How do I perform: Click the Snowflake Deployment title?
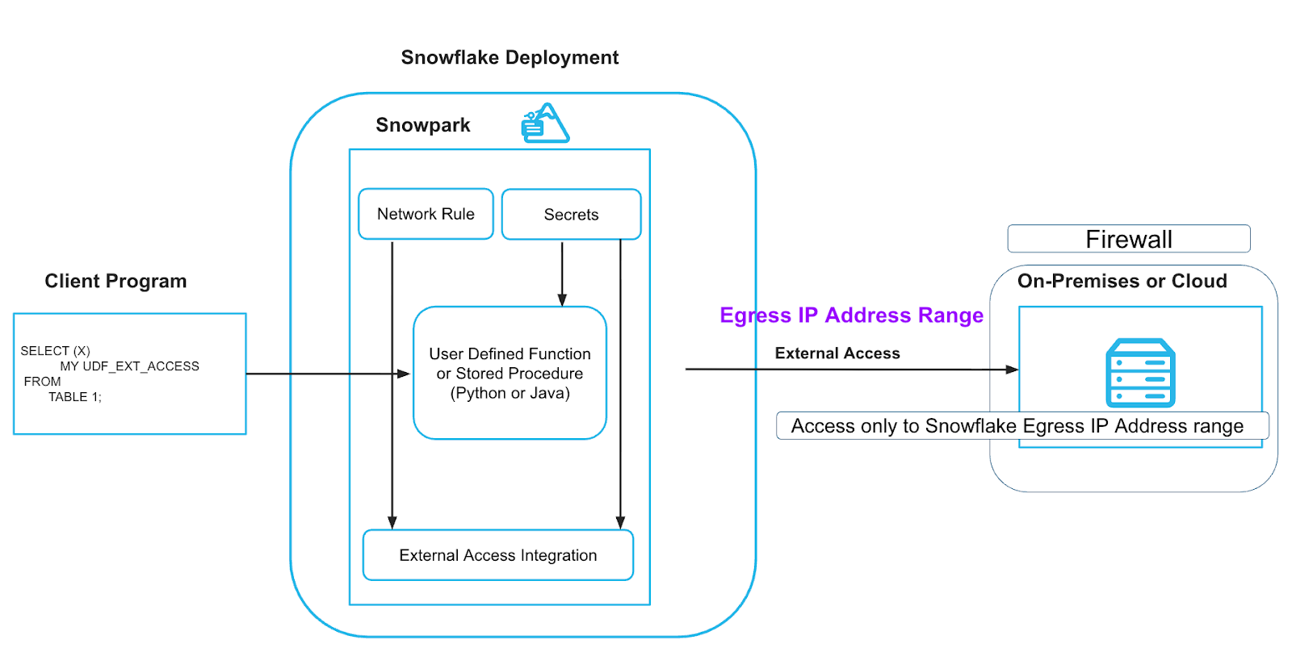pos(510,58)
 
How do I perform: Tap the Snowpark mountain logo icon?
pos(545,123)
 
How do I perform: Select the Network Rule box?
pos(426,215)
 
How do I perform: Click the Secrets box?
pos(571,215)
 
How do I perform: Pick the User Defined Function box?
pos(510,373)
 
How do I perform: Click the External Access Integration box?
pos(497,555)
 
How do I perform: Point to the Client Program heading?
pos(115,281)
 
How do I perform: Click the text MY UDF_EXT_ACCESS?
pos(129,366)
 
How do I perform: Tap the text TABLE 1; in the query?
pos(75,397)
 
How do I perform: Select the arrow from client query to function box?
pos(323,374)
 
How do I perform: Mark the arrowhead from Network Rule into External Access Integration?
pos(392,523)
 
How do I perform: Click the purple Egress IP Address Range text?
pos(851,316)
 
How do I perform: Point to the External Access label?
pos(837,353)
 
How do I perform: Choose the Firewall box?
pos(1128,239)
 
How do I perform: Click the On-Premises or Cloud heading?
pos(1122,282)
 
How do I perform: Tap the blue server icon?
pos(1140,373)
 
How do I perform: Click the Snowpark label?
pos(422,125)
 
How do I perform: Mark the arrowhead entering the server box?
pos(1013,370)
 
